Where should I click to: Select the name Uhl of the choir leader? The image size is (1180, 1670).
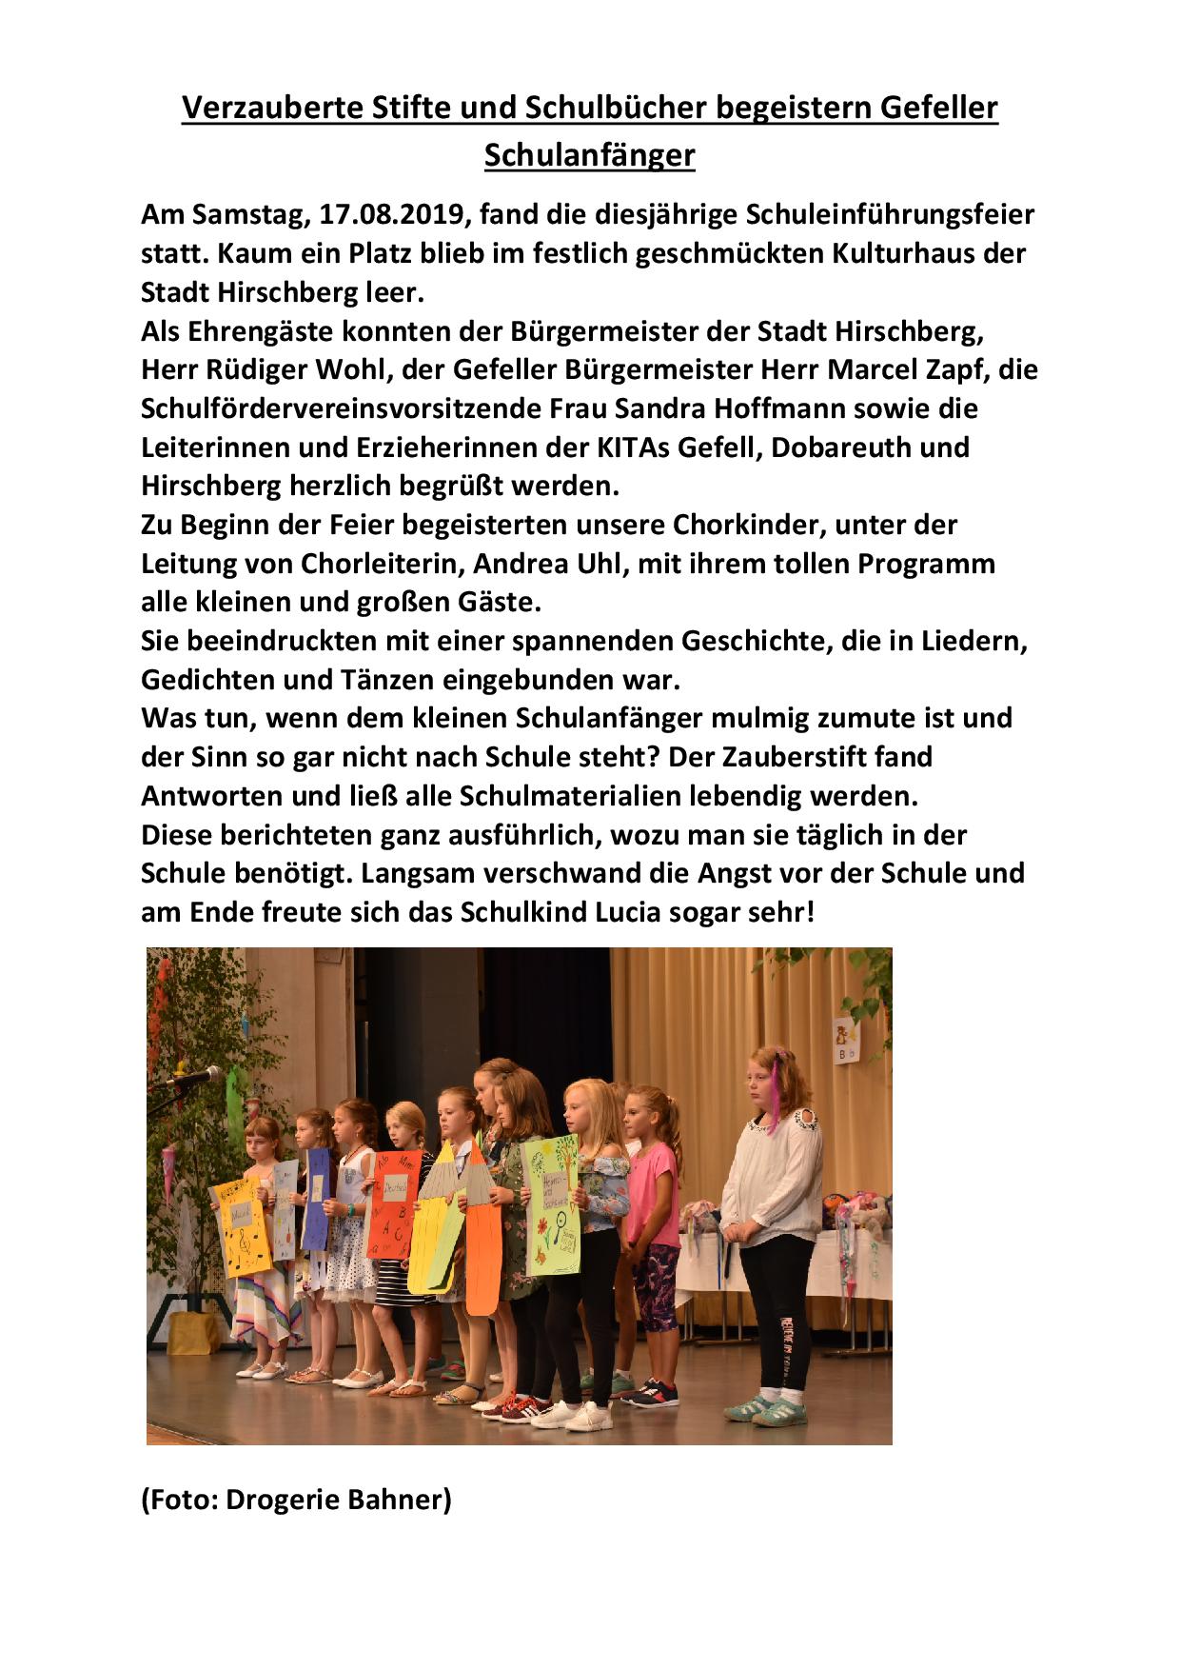tap(597, 563)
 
